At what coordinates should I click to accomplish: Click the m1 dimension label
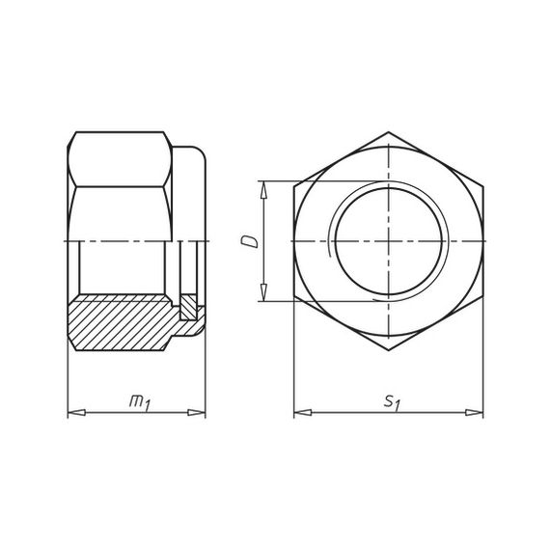(x=140, y=402)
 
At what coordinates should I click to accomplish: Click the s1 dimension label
(x=392, y=402)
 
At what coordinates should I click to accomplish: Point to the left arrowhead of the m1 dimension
(x=76, y=413)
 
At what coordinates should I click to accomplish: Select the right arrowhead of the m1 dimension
(x=197, y=413)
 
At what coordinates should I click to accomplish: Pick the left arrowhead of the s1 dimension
(x=303, y=413)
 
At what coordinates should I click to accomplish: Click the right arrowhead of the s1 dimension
(x=474, y=413)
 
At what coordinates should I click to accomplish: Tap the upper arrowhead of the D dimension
(x=263, y=190)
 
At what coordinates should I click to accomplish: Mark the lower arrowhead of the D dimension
(x=263, y=292)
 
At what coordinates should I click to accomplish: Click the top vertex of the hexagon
(x=389, y=132)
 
